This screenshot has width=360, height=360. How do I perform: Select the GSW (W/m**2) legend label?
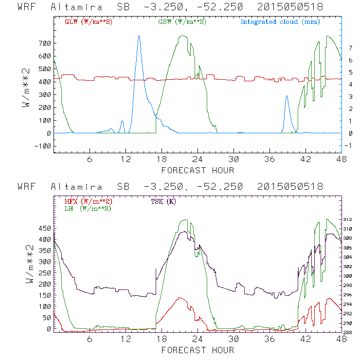[x=181, y=22]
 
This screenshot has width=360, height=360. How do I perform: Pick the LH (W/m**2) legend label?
[x=88, y=208]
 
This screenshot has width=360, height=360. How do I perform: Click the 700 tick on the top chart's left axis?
[x=44, y=43]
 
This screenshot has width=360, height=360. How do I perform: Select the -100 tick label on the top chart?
[x=42, y=145]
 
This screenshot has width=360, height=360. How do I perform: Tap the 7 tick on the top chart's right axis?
[x=349, y=48]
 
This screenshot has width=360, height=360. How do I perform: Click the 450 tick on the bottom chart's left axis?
[x=44, y=228]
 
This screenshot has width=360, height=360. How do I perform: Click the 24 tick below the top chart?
[x=198, y=159]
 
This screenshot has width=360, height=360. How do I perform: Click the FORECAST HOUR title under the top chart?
[x=198, y=170]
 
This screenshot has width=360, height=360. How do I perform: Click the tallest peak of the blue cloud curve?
[x=139, y=36]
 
